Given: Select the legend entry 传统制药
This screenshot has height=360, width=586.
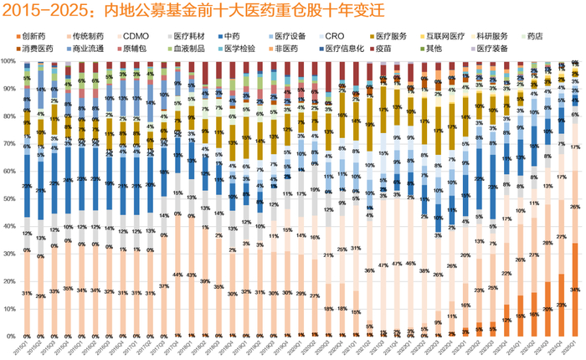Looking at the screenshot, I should click(87, 37).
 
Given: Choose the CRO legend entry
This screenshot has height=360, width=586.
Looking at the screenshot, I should click(334, 37).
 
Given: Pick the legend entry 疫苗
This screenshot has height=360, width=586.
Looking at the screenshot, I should click(398, 49).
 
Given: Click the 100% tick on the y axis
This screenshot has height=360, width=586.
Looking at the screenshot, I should click(8, 61).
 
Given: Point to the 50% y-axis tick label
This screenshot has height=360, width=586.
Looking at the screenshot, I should click(8, 198).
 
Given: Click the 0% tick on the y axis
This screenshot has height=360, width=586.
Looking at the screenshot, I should click(8, 336).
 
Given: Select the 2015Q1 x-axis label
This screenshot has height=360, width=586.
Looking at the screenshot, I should click(27, 346).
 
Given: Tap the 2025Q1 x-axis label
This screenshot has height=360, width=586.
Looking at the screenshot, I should click(573, 346).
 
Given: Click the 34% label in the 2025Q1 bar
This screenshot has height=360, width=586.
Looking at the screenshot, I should click(574, 290).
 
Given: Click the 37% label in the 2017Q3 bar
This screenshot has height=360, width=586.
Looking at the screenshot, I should click(164, 285).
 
